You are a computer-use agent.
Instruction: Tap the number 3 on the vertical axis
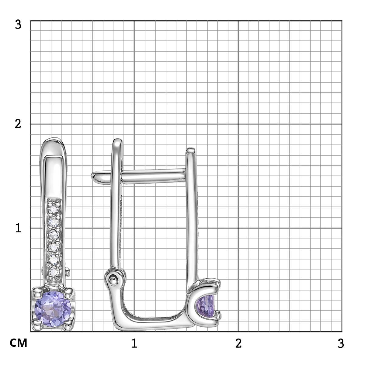18,25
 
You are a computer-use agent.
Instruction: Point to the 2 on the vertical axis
18,124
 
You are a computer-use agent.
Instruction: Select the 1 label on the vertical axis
18,228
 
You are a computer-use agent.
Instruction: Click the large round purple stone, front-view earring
53,309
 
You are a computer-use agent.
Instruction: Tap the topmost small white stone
54,210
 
